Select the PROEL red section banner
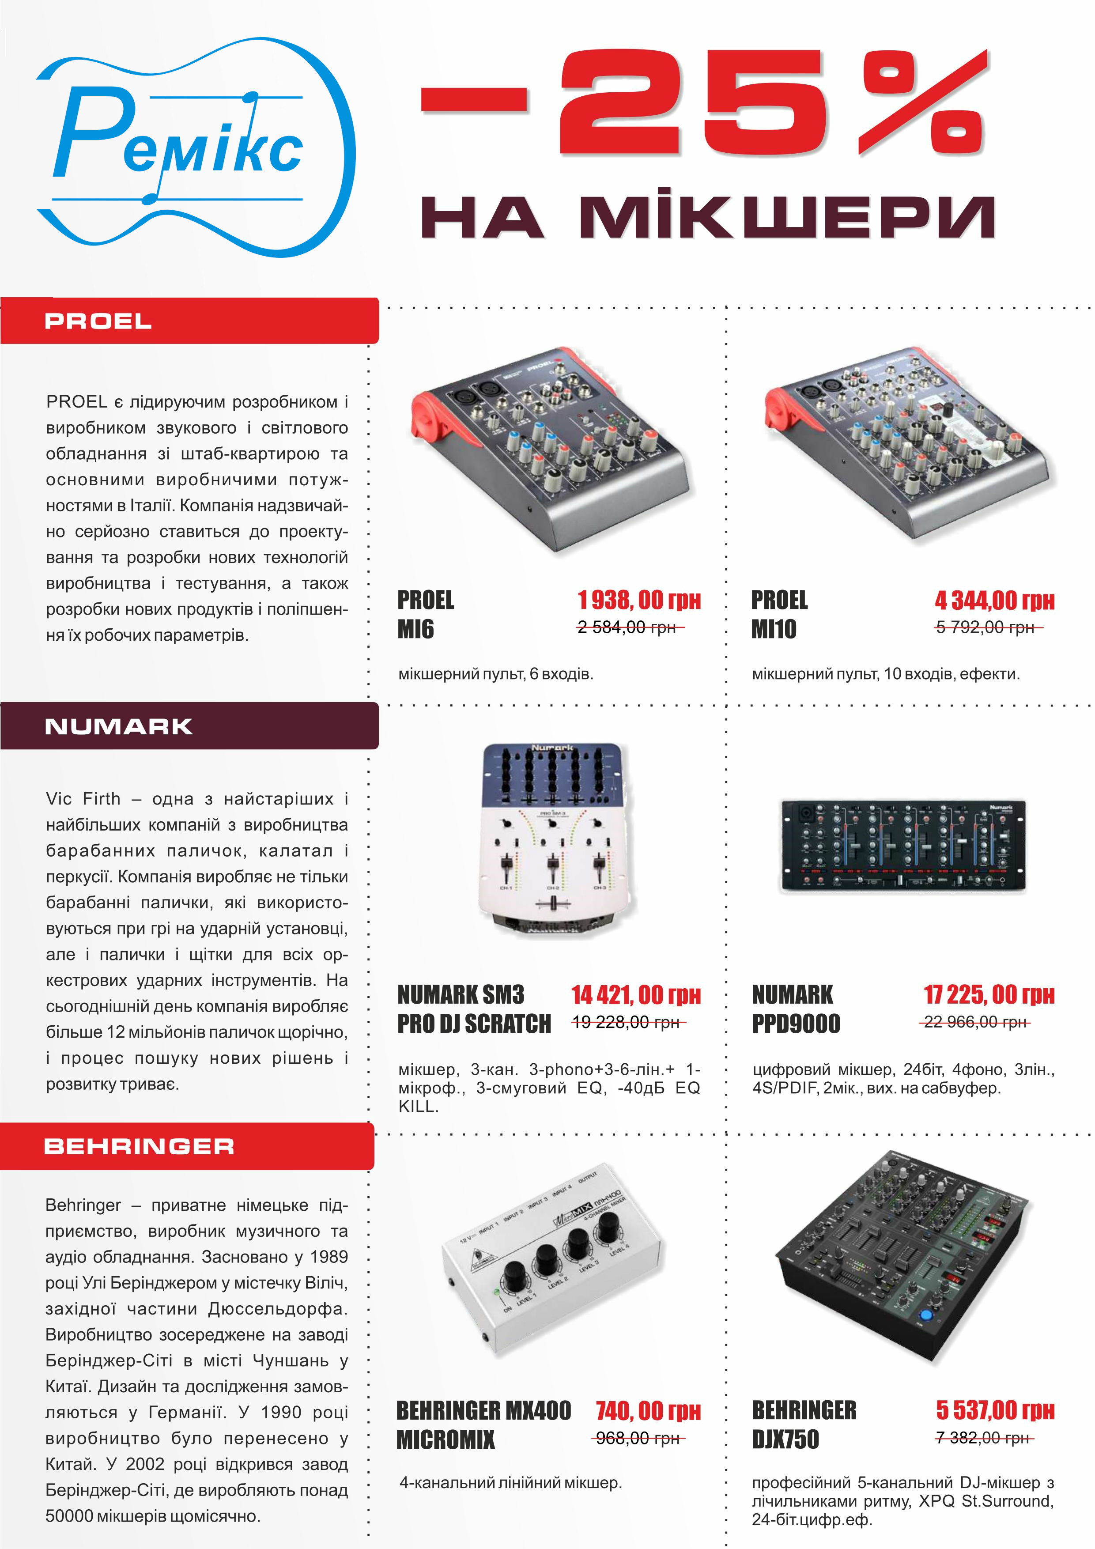coord(189,321)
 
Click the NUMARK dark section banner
coord(189,726)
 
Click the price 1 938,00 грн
coord(639,599)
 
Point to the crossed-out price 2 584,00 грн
coord(627,627)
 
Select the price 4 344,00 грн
coord(994,599)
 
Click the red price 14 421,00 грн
coord(636,994)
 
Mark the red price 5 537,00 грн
coord(995,1409)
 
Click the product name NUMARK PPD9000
coord(796,1009)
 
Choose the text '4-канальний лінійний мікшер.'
coord(510,1482)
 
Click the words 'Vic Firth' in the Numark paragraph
coord(83,799)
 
